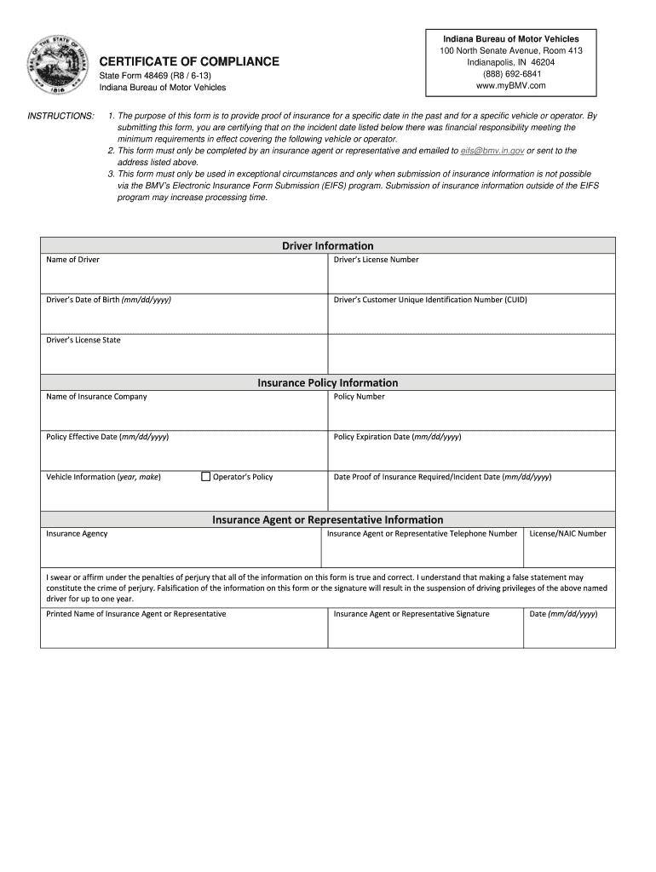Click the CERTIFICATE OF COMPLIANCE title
click(x=189, y=61)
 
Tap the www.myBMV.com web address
click(x=511, y=86)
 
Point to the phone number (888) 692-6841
click(x=511, y=74)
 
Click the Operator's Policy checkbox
click(x=205, y=477)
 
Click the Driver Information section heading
click(x=328, y=246)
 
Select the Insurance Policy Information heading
click(x=328, y=383)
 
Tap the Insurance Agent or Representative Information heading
click(x=328, y=519)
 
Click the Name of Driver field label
click(x=72, y=260)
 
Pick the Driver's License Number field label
click(x=376, y=260)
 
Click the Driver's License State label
click(x=83, y=340)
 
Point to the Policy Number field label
click(x=359, y=397)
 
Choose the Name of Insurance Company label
click(x=96, y=397)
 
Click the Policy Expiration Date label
click(x=397, y=437)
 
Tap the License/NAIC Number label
click(x=567, y=534)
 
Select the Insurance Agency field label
click(x=77, y=534)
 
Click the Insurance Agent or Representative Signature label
click(x=411, y=614)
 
